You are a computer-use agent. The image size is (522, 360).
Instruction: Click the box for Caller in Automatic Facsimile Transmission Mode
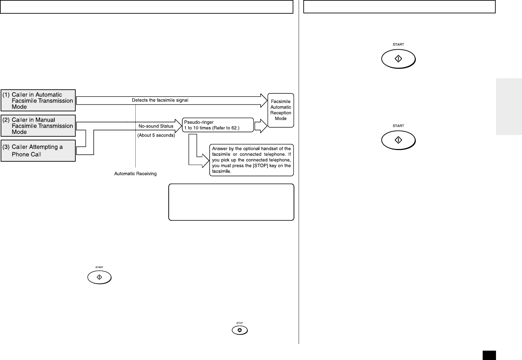[x=38, y=100]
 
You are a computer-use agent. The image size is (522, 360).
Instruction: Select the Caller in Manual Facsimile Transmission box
[x=38, y=126]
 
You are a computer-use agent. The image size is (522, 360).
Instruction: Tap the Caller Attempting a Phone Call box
[x=38, y=151]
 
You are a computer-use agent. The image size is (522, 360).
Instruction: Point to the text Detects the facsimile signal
[x=160, y=100]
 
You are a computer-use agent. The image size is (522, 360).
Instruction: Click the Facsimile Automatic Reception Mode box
[x=281, y=110]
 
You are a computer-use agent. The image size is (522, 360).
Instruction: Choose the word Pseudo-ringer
[x=199, y=122]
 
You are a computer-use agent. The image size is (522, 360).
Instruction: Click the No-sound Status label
[x=156, y=126]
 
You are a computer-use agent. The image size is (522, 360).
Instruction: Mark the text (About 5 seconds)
[x=156, y=135]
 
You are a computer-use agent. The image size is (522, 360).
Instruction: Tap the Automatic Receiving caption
[x=135, y=174]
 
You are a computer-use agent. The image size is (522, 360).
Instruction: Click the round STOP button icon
[x=240, y=330]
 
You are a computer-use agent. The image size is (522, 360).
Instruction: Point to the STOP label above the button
[x=240, y=323]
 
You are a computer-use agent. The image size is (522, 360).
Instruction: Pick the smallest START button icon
[x=99, y=277]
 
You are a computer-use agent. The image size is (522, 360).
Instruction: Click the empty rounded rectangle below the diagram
[x=231, y=202]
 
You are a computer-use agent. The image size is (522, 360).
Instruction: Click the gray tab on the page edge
[x=509, y=107]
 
